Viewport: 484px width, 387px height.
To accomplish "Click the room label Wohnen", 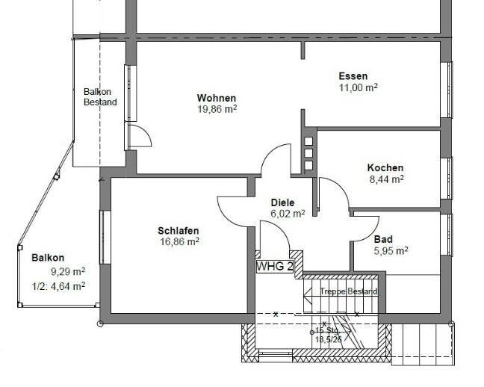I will point(217,99).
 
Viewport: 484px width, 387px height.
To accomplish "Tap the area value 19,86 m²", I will point(217,109).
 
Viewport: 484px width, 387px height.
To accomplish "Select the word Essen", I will point(353,76).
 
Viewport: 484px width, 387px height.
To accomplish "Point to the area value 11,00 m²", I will point(358,87).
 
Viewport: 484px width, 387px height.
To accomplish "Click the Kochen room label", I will point(385,168).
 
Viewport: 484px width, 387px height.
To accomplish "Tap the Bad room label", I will point(383,240).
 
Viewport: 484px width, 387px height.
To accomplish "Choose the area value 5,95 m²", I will point(391,251).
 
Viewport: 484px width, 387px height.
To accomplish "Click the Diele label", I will point(282,202).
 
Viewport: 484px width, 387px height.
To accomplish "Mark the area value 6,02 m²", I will point(288,214).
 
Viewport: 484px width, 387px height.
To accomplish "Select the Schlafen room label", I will point(178,230).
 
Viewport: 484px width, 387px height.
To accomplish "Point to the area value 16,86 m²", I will point(178,241).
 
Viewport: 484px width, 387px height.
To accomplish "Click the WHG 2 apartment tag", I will point(274,266).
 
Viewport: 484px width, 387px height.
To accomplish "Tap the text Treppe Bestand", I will point(348,291).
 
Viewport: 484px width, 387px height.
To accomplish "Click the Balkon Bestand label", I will point(99,96).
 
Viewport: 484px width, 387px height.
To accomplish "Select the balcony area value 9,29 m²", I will point(68,271).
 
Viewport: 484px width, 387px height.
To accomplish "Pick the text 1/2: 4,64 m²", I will point(58,285).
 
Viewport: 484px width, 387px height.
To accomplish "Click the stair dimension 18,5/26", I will point(327,339).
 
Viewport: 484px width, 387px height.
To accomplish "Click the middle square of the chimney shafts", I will point(308,153).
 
